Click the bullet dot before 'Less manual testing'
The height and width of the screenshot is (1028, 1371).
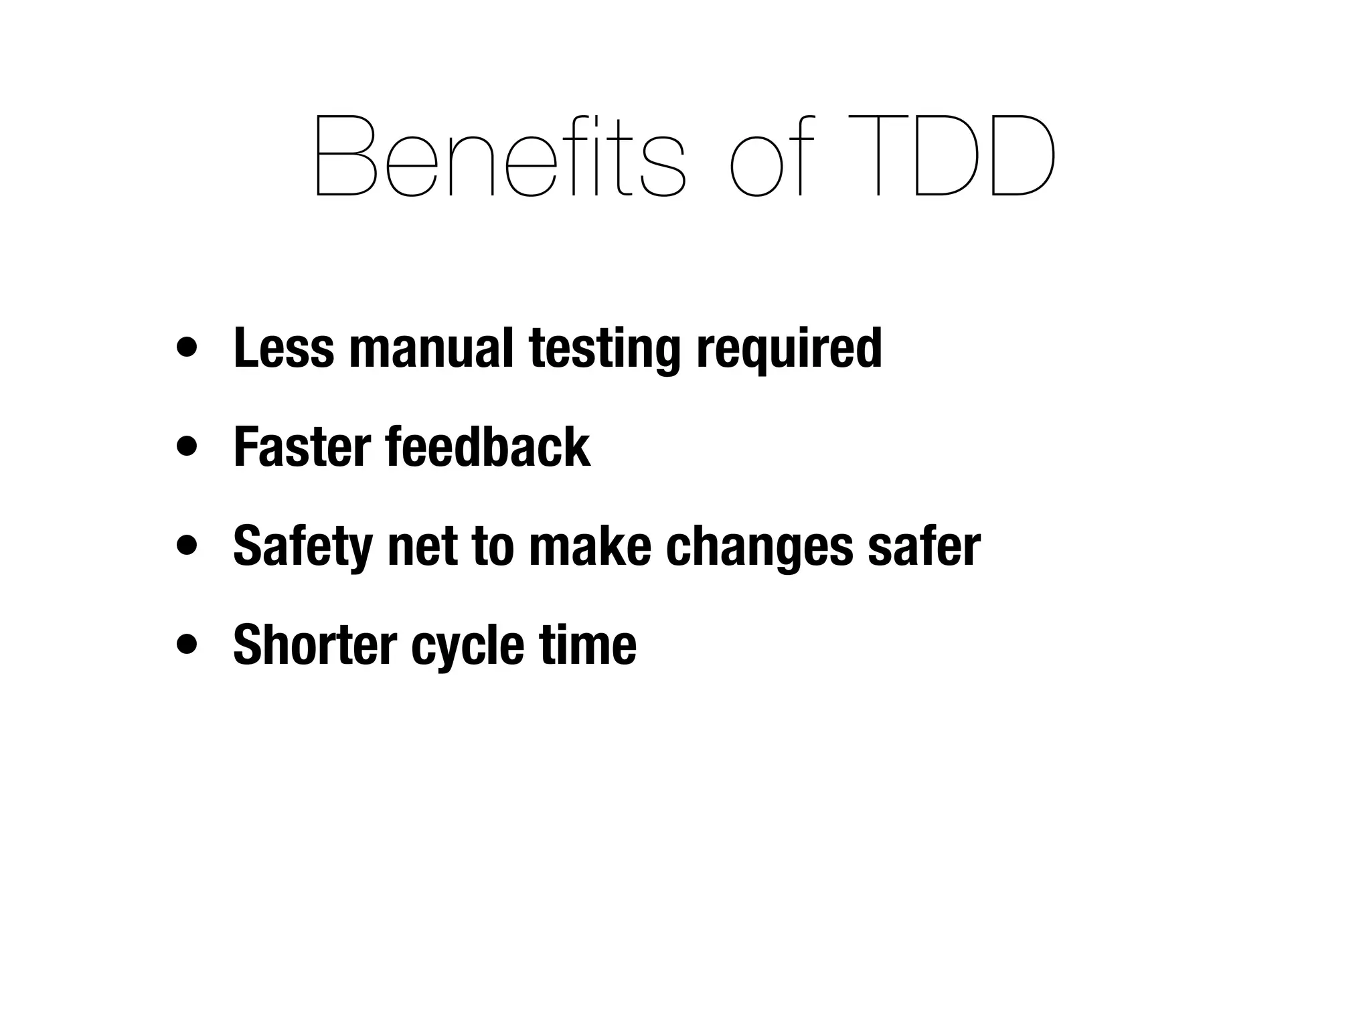[x=187, y=349]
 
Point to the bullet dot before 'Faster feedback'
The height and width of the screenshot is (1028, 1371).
[x=187, y=447]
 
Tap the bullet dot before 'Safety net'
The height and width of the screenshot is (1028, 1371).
[x=187, y=545]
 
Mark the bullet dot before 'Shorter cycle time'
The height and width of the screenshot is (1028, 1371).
[x=187, y=645]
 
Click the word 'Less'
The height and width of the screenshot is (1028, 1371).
[x=283, y=347]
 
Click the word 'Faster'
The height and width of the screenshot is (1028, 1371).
[x=302, y=446]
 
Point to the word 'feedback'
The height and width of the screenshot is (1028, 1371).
[x=488, y=446]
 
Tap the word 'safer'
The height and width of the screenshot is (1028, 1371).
[x=924, y=545]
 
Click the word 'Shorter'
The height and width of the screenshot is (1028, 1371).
[x=315, y=644]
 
